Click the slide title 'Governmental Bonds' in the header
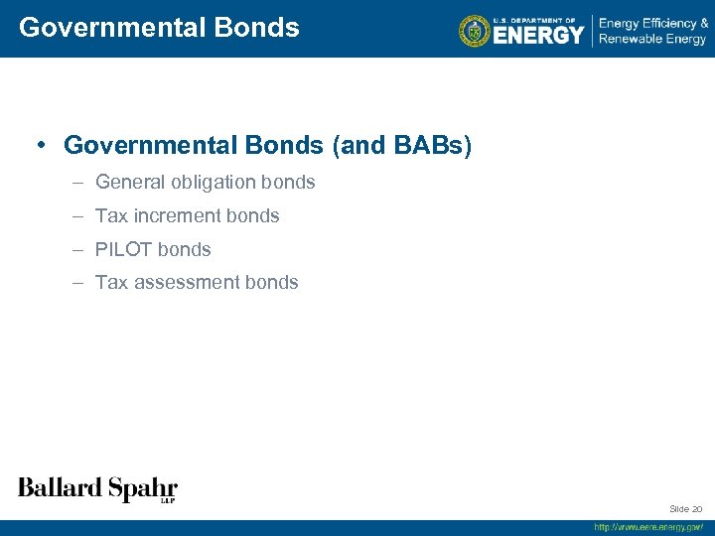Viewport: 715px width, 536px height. (159, 28)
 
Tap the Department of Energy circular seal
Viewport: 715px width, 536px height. (475, 31)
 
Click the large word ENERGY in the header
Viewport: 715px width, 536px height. (538, 35)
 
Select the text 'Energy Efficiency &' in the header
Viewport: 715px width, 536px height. (652, 22)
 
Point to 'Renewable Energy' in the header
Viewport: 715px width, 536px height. (651, 40)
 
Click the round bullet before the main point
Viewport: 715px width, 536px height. (43, 146)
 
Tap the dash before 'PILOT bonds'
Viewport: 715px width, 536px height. (77, 249)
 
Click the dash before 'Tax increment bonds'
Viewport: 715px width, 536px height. (77, 215)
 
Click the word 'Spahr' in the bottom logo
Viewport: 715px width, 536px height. (142, 488)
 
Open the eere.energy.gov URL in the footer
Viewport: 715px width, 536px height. (648, 527)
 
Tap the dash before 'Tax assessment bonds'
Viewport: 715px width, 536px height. (77, 283)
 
